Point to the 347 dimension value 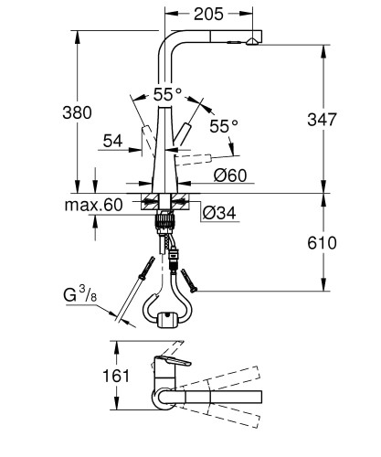point(350,120)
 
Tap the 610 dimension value point(350,243)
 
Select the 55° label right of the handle point(222,124)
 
